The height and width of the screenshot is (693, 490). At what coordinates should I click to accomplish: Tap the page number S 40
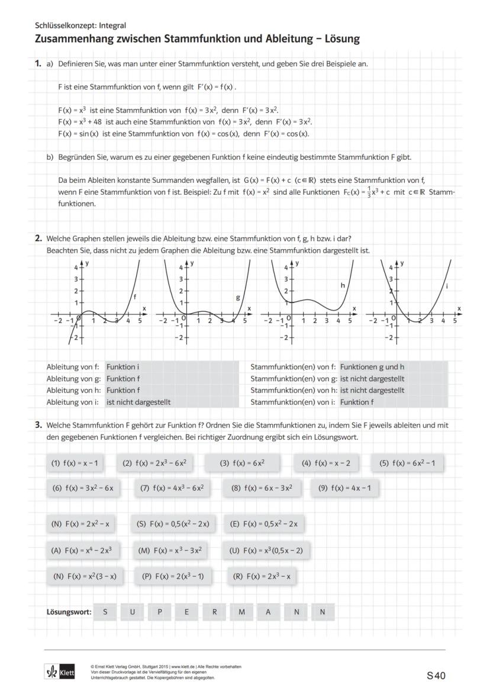pos(436,675)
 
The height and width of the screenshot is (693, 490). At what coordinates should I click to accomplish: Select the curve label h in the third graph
pos(343,285)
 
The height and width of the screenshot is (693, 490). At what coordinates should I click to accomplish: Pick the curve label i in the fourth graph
pos(446,286)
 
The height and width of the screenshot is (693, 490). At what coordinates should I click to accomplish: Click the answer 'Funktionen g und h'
pos(372,367)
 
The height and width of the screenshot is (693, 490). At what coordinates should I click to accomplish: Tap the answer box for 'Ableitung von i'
pos(172,402)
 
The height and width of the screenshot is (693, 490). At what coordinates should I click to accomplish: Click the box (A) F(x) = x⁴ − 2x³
pos(82,550)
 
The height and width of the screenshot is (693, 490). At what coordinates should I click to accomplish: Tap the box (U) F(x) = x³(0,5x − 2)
pos(266,550)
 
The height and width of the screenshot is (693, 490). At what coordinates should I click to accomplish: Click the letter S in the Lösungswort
pos(105,612)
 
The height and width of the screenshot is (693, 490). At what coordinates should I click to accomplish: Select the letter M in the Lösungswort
pos(241,612)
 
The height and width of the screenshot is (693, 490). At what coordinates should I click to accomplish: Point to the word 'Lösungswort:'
pos(69,612)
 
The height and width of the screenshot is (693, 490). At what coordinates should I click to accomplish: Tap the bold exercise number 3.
pos(38,425)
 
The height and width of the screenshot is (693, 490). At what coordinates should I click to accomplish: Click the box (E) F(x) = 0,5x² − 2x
pos(266,524)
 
